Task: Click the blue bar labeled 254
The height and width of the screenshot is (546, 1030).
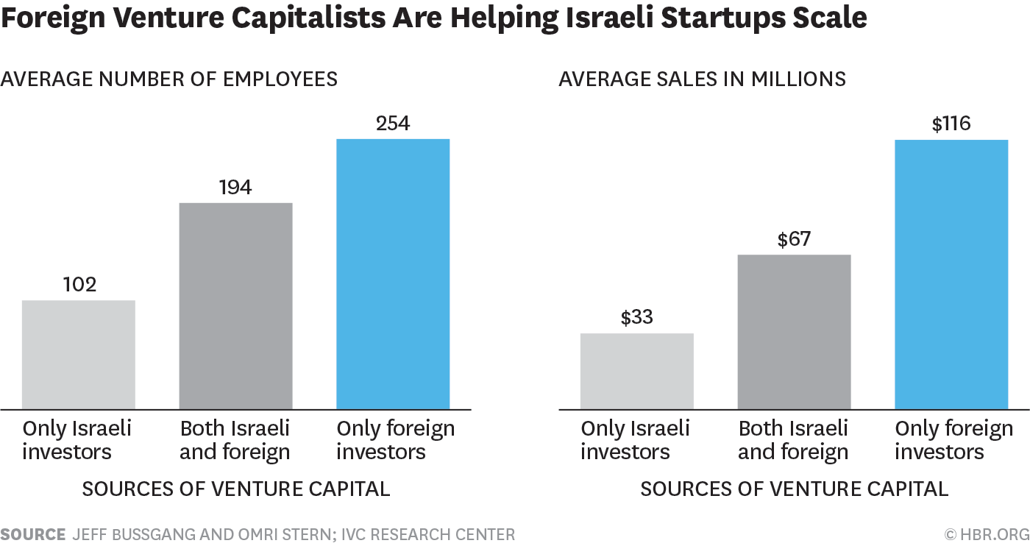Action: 393,274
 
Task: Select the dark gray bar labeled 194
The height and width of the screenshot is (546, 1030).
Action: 236,305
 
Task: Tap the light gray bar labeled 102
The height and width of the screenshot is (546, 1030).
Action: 79,355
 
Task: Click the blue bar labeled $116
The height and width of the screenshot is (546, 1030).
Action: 951,274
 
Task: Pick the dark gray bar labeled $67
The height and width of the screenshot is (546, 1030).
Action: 794,331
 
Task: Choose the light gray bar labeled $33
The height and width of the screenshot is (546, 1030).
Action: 637,371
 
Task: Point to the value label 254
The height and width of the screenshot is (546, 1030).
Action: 393,124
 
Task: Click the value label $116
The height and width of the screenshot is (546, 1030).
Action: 951,124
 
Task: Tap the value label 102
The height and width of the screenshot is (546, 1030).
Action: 79,285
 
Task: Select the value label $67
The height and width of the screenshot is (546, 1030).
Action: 794,239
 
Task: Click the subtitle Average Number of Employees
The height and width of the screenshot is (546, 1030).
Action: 169,79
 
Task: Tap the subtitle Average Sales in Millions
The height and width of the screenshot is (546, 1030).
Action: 703,79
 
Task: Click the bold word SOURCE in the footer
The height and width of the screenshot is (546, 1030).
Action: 32,534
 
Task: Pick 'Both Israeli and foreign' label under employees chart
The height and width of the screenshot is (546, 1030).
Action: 235,439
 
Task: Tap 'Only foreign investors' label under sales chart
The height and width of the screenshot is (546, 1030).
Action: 953,439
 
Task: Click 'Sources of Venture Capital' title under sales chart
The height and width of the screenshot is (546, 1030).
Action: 794,489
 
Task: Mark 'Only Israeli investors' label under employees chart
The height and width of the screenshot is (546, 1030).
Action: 77,439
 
